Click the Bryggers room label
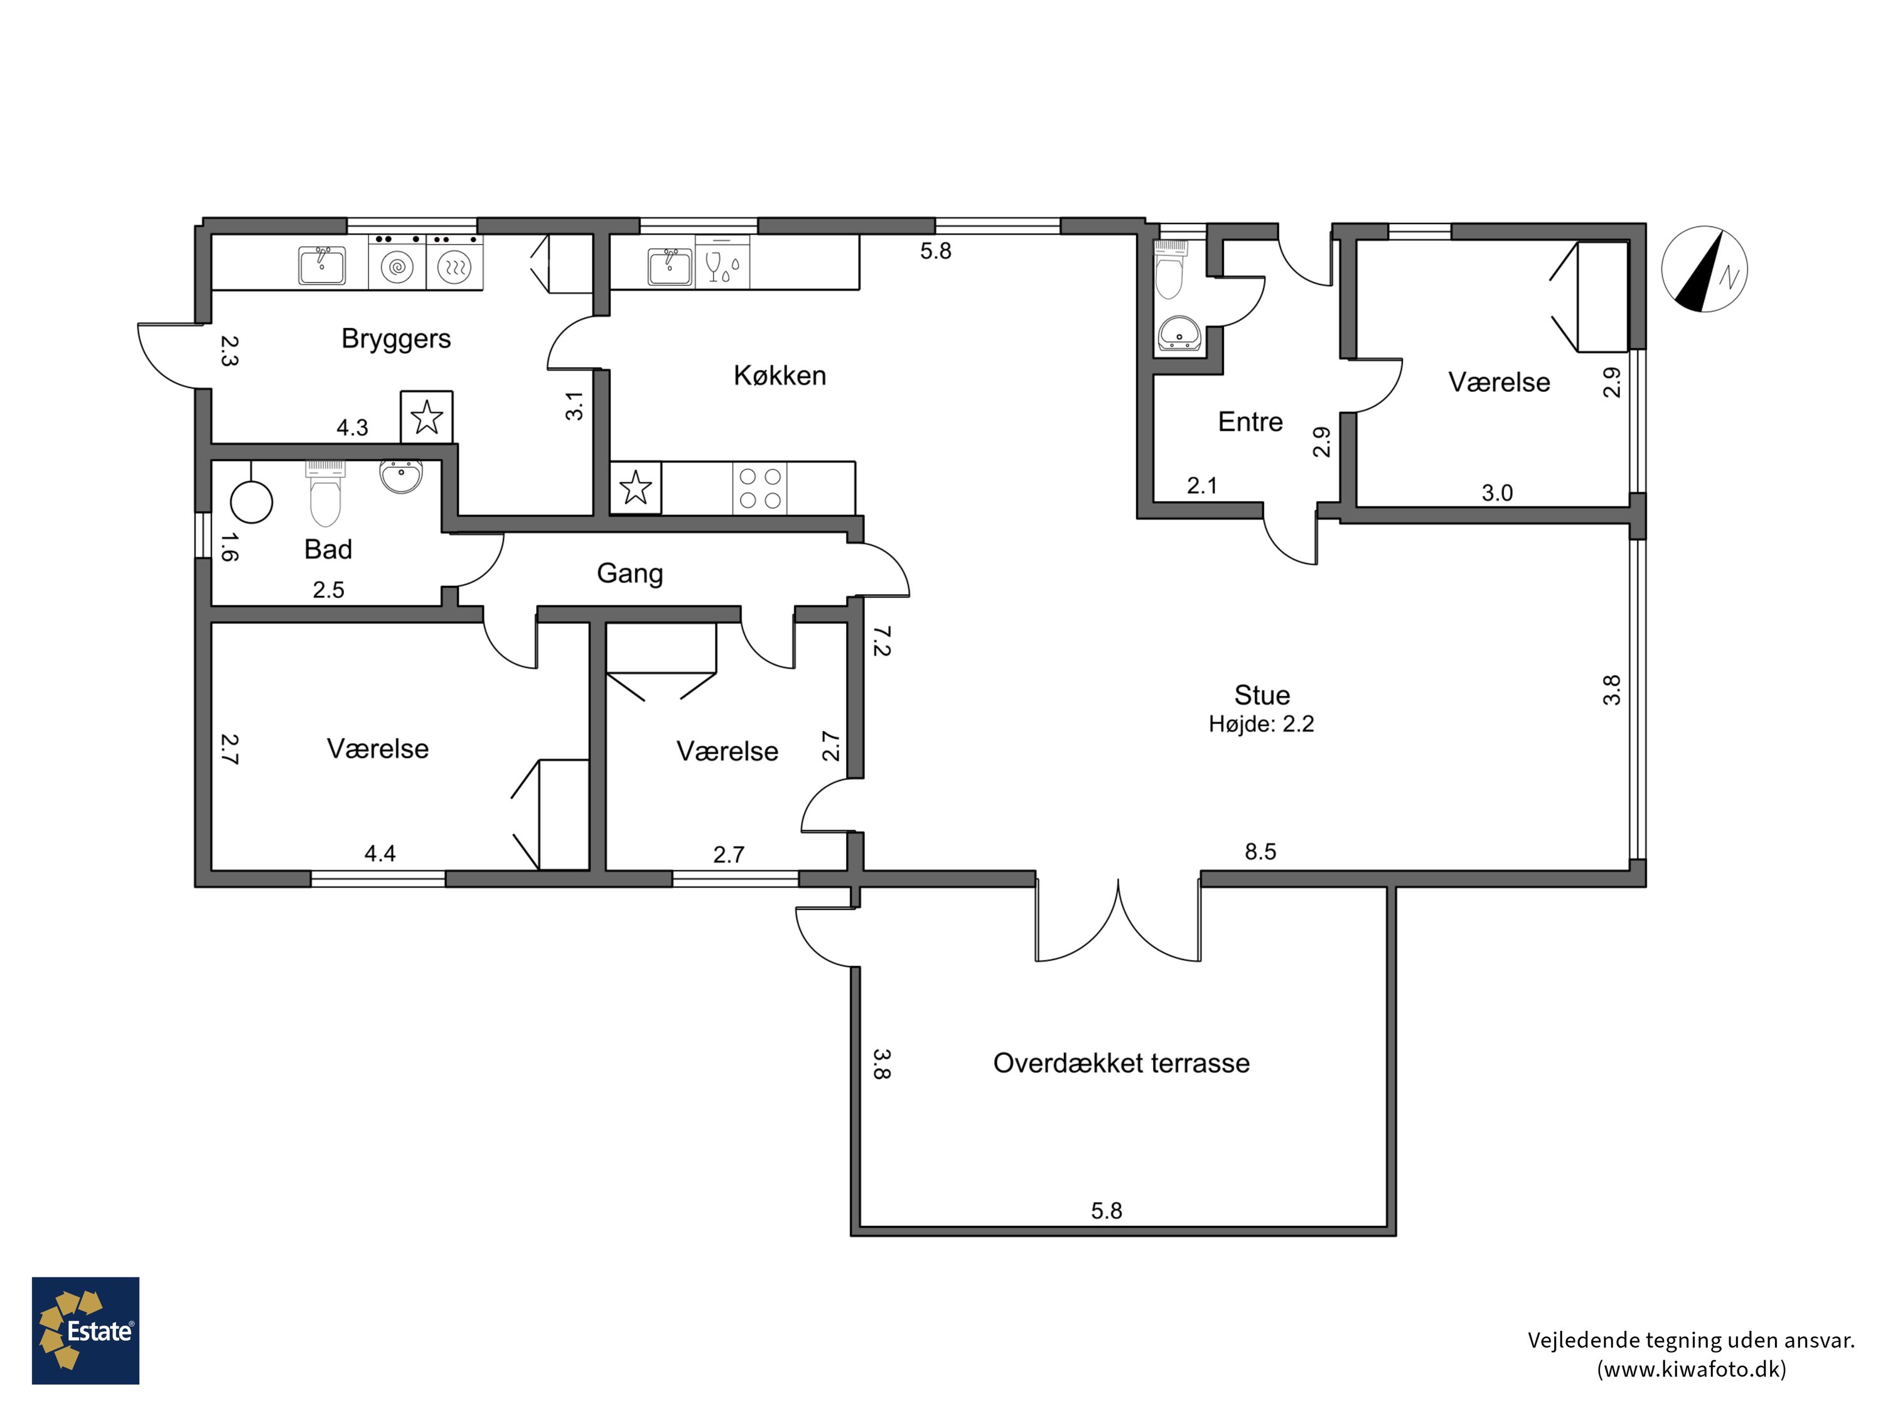396,339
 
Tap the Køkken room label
780,376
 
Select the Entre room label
1250,421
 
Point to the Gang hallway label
630,573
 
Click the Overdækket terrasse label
1121,1063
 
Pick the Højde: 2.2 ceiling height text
1262,724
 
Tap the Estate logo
86,1329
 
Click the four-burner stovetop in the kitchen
759,488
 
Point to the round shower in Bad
251,502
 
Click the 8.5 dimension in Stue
1261,852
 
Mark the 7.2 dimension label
882,641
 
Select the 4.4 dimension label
380,853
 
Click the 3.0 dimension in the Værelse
1498,493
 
